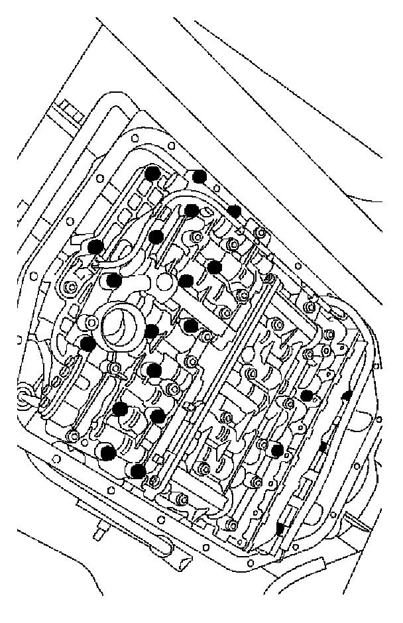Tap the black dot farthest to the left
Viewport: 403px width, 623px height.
87,343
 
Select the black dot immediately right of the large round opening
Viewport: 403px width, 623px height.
152,331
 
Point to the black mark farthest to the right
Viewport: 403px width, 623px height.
345,396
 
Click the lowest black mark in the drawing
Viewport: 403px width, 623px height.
280,528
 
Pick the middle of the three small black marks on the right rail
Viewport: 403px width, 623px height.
323,448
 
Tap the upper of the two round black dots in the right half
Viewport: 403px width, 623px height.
306,396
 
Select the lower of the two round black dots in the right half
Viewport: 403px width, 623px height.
278,451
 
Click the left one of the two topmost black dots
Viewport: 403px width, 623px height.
152,174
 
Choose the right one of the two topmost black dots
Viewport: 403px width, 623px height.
199,176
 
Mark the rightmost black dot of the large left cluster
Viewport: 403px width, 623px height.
234,211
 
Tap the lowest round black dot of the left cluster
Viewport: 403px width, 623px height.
138,471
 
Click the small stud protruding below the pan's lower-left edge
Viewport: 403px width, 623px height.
101,530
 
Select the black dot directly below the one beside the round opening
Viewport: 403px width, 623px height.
154,370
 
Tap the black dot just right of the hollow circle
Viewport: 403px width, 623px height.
187,280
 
